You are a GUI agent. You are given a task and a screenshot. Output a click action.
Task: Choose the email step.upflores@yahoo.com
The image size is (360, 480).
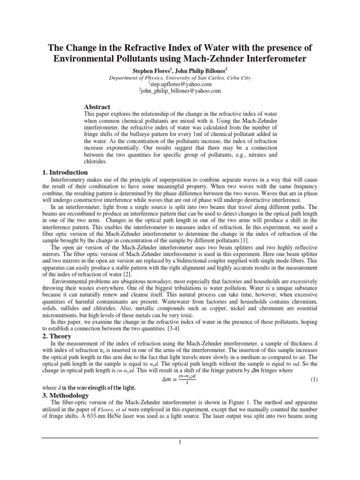(180, 84)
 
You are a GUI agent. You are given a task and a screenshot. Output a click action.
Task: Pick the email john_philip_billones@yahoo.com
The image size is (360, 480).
(180, 91)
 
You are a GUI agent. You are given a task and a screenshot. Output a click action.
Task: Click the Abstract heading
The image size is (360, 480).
(97, 107)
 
